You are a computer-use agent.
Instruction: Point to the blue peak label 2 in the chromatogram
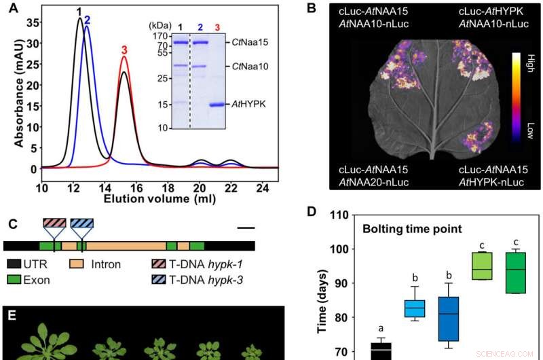coord(87,20)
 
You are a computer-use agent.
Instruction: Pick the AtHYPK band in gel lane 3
coord(218,105)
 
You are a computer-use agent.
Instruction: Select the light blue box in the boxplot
coord(415,308)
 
